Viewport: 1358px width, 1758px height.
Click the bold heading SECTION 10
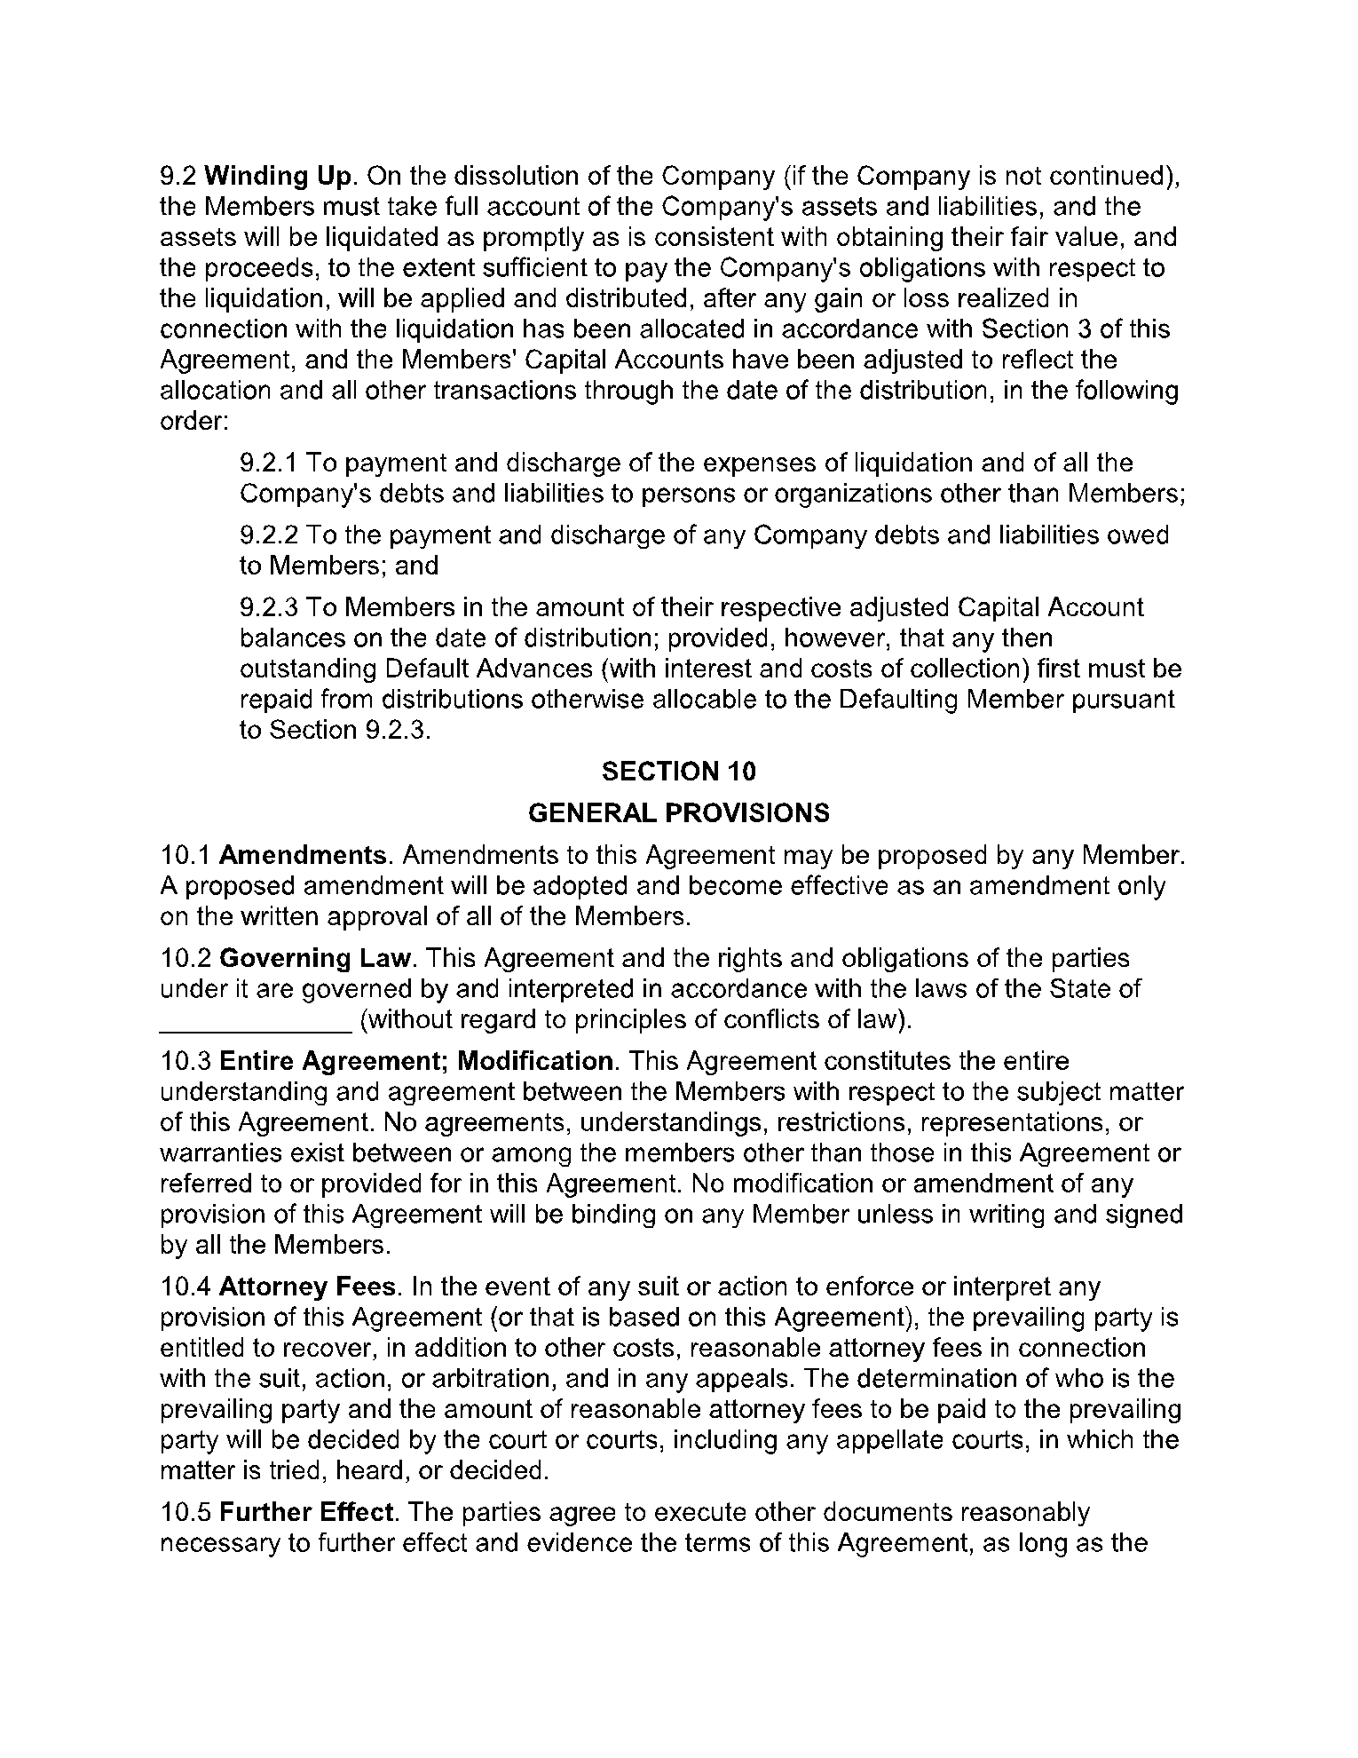click(678, 772)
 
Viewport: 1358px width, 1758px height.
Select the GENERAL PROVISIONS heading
click(678, 812)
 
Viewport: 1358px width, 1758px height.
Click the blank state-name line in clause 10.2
click(256, 1021)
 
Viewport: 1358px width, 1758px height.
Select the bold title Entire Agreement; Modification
click(415, 1061)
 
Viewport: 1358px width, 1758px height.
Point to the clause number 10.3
click(185, 1061)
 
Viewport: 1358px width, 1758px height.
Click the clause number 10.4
click(185, 1287)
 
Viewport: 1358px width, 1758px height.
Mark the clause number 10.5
click(185, 1512)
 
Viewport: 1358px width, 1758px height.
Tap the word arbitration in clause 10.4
click(458, 1379)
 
